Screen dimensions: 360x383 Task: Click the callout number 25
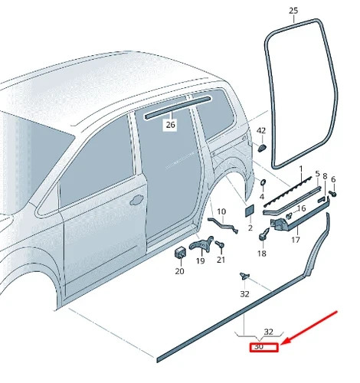coord(293,11)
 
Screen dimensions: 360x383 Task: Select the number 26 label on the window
coord(171,125)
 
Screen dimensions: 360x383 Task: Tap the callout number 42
coord(261,131)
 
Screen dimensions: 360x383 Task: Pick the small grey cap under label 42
coord(262,148)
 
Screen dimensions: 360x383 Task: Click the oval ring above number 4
coord(263,182)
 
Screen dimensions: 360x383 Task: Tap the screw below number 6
coord(332,193)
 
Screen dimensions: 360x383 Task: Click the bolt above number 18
coord(264,234)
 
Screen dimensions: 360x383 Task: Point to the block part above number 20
coord(180,253)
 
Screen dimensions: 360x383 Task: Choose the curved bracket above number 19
coord(201,244)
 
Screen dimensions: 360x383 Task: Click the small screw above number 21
coord(220,244)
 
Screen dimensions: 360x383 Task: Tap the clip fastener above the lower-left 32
coord(244,276)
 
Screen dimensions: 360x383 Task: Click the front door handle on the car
coord(136,200)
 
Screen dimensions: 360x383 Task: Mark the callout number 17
coord(296,240)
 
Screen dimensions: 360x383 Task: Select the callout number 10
coord(221,211)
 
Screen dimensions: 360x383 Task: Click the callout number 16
coord(302,208)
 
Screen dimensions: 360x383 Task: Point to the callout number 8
coord(325,176)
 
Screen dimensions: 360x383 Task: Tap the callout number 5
coord(317,174)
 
